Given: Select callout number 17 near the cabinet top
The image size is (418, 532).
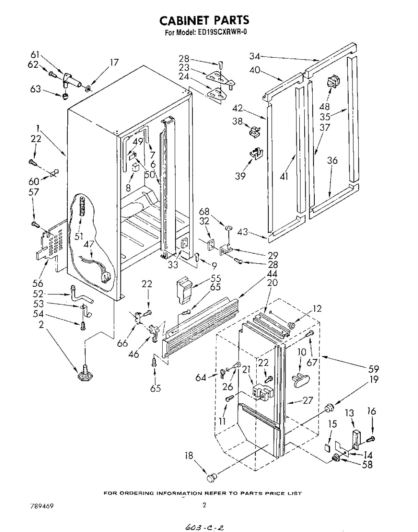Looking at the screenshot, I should [x=114, y=63].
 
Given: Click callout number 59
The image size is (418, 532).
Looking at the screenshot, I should [x=373, y=369].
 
